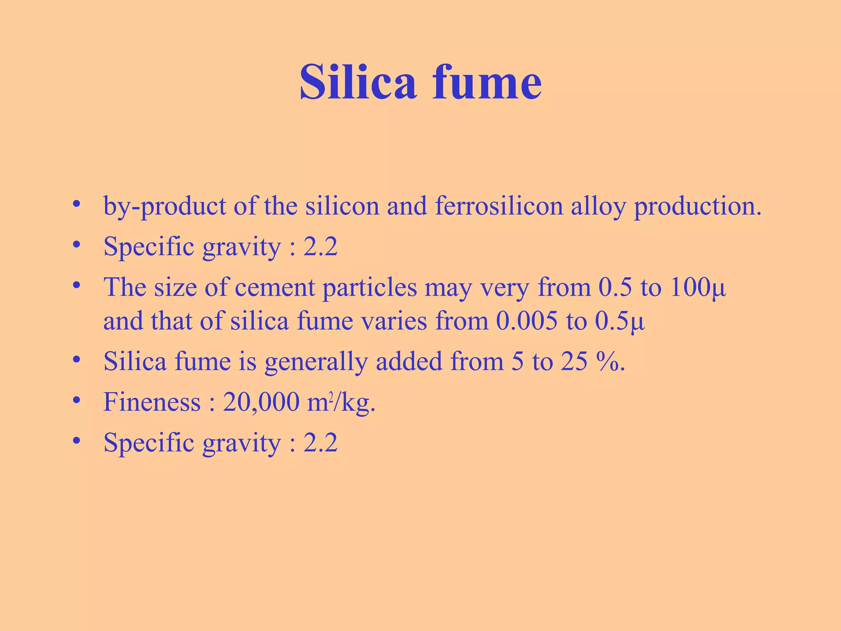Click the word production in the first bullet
pyautogui.click(x=697, y=206)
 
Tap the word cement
pyautogui.click(x=275, y=287)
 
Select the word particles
pyautogui.click(x=370, y=287)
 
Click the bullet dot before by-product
pyautogui.click(x=76, y=204)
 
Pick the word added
pyautogui.click(x=409, y=362)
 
